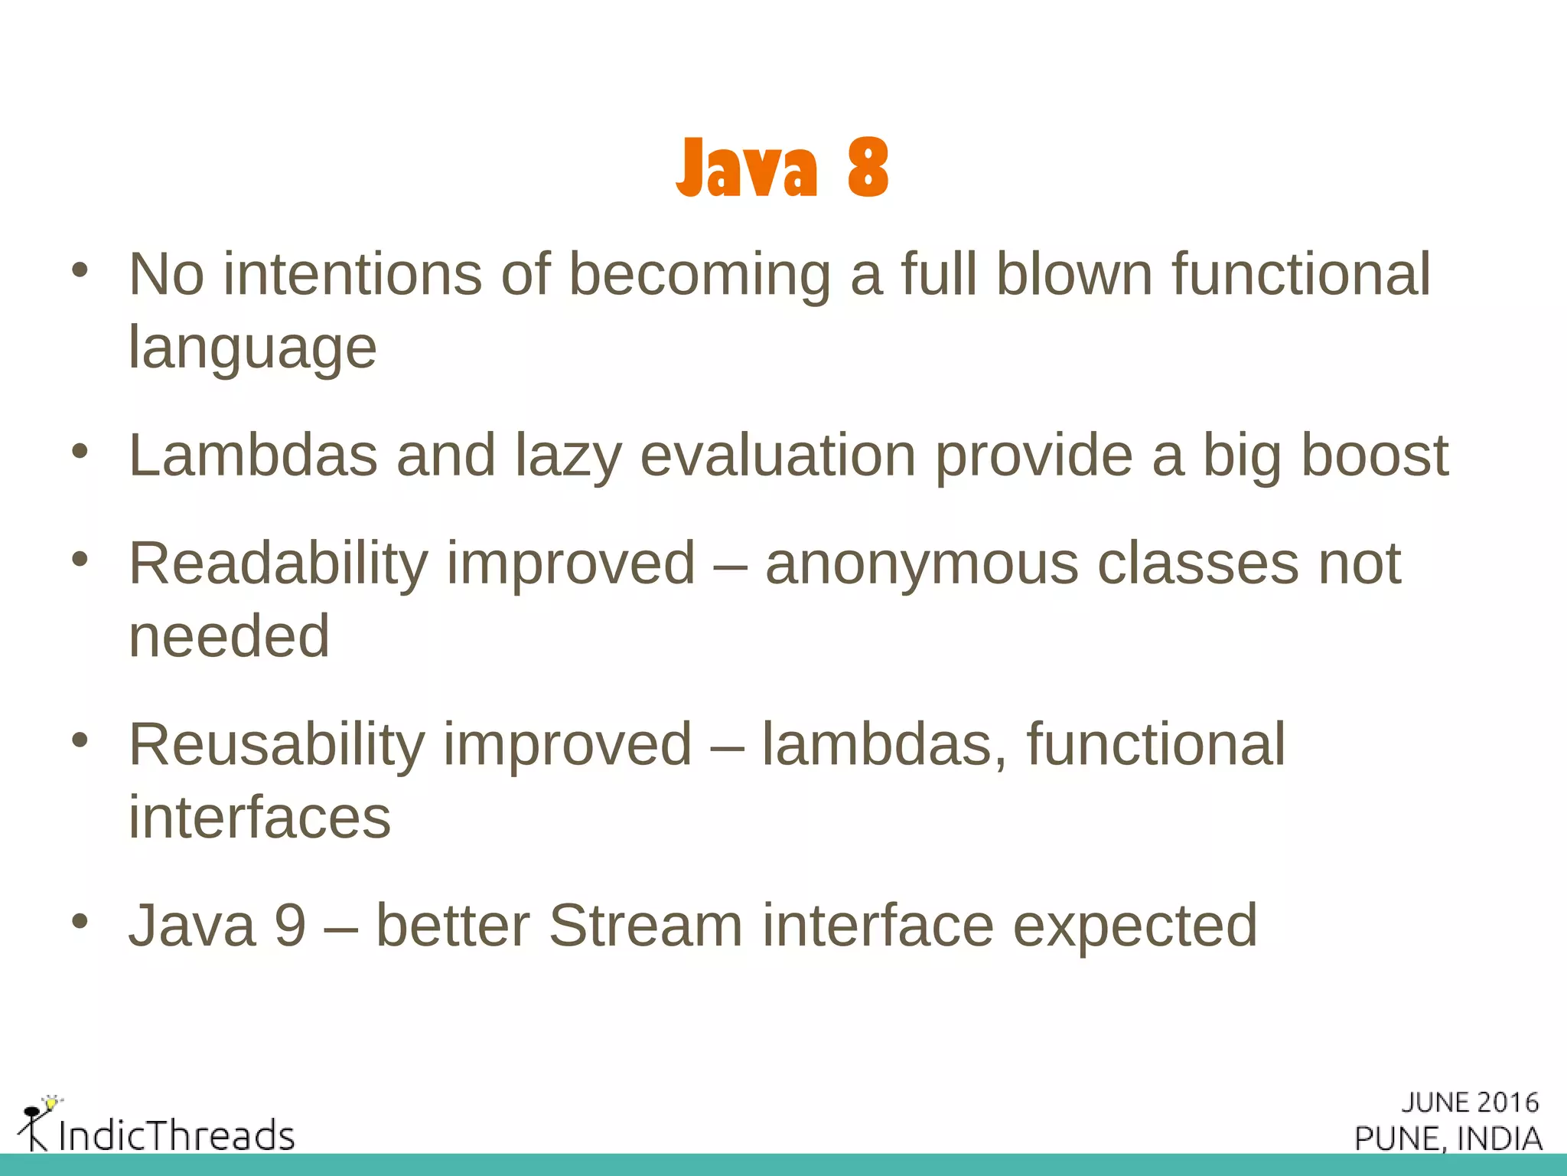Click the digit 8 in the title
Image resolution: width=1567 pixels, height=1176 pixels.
[868, 168]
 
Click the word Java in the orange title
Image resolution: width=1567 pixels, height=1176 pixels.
[747, 168]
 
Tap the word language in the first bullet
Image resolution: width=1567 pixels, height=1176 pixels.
[252, 347]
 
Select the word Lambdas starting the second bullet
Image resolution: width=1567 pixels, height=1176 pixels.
[253, 455]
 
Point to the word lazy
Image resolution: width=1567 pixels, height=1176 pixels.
[568, 456]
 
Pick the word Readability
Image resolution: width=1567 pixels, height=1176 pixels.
[279, 564]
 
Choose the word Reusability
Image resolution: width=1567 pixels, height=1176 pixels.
[276, 745]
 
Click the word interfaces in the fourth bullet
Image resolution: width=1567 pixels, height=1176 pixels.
[259, 817]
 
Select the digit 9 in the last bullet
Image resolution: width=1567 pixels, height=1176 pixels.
[291, 926]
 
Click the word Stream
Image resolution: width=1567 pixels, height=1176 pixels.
[645, 926]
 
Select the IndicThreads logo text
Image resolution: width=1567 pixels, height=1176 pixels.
[177, 1135]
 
